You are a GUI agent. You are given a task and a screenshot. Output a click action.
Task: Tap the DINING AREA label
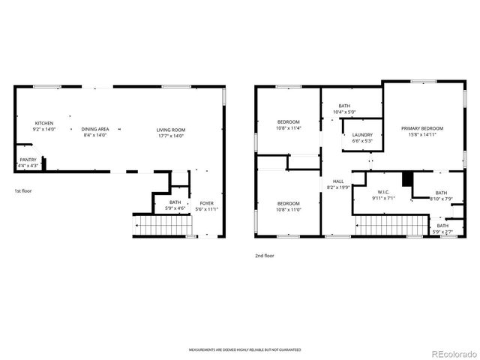[94, 132]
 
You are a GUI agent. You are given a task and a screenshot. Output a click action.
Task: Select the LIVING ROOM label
[170, 132]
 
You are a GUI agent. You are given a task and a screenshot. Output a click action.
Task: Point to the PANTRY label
[28, 162]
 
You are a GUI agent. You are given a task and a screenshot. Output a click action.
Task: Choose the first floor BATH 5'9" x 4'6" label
[175, 205]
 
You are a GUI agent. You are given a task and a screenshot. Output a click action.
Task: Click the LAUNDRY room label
[362, 138]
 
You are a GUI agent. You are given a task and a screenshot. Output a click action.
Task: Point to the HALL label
[338, 184]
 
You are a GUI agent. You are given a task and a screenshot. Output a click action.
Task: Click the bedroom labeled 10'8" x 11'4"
[289, 125]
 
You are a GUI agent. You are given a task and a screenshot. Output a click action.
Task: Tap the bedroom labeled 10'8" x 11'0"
[289, 206]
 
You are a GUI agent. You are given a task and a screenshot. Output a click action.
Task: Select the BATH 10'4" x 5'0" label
[344, 109]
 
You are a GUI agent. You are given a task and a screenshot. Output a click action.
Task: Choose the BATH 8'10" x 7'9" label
[441, 196]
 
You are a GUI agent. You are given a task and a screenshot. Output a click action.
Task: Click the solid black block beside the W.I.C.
[407, 180]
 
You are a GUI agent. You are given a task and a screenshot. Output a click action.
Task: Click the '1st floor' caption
[23, 190]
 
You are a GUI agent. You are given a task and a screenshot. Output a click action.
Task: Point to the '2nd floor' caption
[264, 255]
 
